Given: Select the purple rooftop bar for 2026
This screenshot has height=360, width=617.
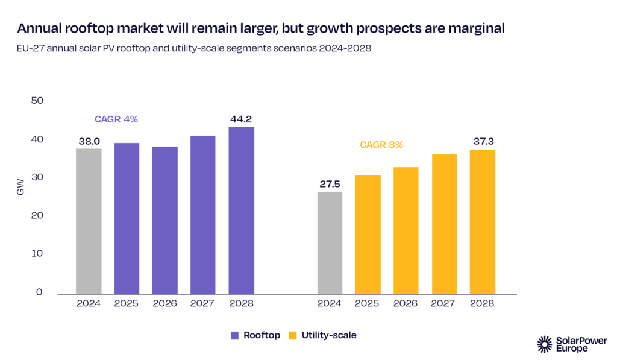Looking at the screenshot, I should pyautogui.click(x=164, y=219).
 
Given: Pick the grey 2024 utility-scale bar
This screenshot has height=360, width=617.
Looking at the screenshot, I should pyautogui.click(x=330, y=242).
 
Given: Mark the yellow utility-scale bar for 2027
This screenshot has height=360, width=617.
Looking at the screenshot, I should pyautogui.click(x=444, y=224).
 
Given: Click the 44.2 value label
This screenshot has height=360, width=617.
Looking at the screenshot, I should pyautogui.click(x=241, y=119).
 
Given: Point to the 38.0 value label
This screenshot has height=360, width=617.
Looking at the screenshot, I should pyautogui.click(x=89, y=141).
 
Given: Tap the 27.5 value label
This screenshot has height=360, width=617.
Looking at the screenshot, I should pyautogui.click(x=330, y=184).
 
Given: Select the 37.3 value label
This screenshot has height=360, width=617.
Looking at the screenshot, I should pyautogui.click(x=482, y=141).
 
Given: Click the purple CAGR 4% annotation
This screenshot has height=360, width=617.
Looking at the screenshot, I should pyautogui.click(x=116, y=119).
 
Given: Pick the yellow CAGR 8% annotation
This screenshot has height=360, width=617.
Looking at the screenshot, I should pyautogui.click(x=381, y=145).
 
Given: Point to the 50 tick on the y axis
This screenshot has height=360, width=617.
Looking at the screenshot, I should pyautogui.click(x=37, y=100).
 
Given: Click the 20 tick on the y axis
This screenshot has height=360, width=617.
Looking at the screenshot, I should pyautogui.click(x=37, y=215).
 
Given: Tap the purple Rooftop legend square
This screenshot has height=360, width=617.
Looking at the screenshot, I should pyautogui.click(x=234, y=335).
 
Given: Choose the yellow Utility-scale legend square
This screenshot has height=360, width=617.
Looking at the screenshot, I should pyautogui.click(x=294, y=335).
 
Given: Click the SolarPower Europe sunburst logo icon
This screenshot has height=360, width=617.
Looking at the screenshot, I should pyautogui.click(x=545, y=344).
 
